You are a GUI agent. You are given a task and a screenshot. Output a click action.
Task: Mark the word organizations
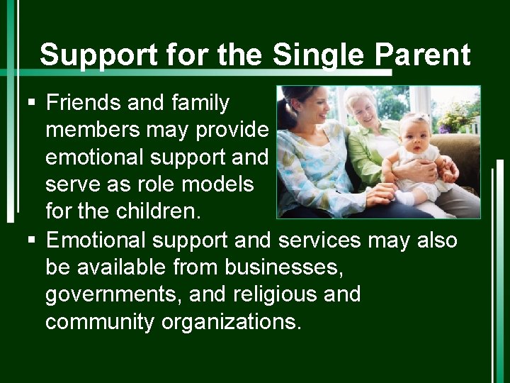click(x=232, y=321)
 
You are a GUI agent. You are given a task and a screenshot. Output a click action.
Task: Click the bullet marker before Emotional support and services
click(x=30, y=240)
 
